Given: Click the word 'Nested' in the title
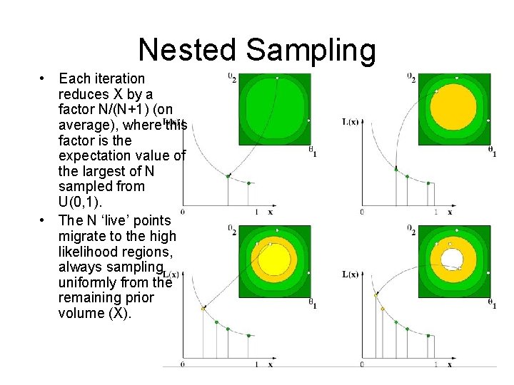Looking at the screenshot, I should point(187,50).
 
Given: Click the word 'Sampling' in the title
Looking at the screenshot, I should point(311,50).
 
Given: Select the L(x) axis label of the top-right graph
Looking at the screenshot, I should point(351,122).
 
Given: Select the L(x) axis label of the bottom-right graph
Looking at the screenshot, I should point(351,274).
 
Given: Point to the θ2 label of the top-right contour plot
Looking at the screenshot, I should point(411,77).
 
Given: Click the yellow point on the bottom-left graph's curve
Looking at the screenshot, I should point(203,309).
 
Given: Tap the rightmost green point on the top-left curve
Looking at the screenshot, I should point(248,183).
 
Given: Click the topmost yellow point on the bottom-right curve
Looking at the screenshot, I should point(376,294).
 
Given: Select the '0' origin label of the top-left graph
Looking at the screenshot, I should point(182,212).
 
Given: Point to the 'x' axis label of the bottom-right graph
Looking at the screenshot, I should point(449,364).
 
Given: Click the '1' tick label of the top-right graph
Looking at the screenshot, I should point(435,212).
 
